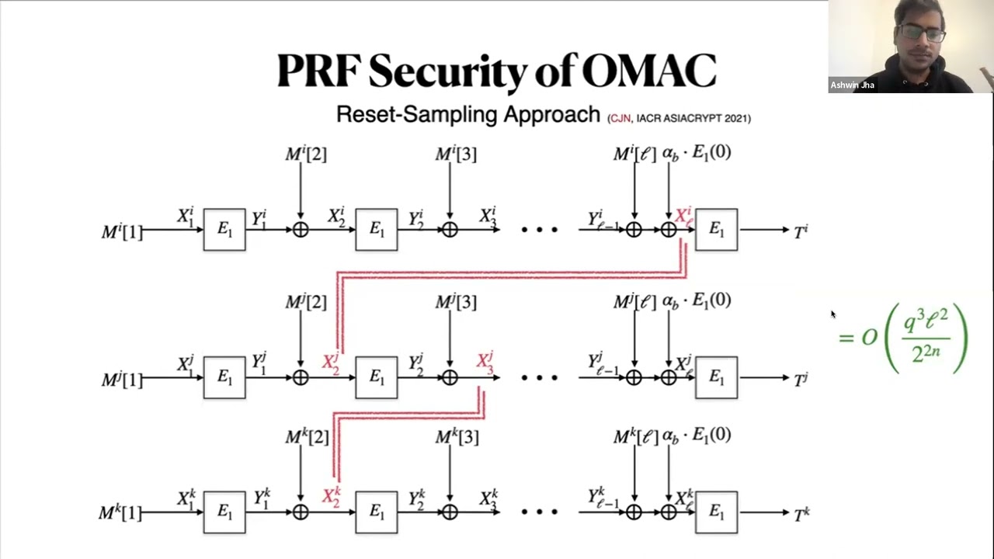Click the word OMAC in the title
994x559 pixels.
click(648, 71)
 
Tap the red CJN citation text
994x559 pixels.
click(620, 118)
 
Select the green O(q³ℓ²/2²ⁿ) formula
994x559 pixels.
click(904, 337)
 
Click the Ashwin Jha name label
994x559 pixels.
click(852, 85)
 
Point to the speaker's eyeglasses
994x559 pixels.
click(921, 33)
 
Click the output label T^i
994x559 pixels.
click(801, 231)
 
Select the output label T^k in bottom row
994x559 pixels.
click(801, 513)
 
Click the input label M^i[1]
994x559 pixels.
click(122, 231)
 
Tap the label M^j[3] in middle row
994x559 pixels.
click(456, 301)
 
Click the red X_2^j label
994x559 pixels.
click(331, 362)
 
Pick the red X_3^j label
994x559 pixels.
click(485, 362)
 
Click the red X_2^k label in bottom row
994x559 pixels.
click(331, 497)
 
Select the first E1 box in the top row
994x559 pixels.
click(224, 230)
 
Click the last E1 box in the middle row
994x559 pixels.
click(716, 378)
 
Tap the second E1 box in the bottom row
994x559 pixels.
click(377, 512)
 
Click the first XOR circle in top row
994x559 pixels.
click(301, 230)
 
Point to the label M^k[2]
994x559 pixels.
click(306, 437)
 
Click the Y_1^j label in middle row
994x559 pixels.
click(259, 362)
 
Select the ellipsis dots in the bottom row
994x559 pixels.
click(540, 512)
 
